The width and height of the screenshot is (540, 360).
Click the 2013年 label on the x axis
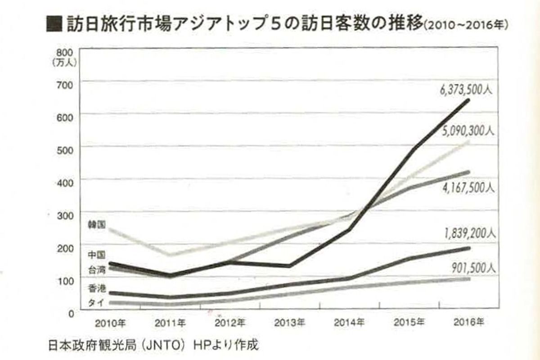click(290, 323)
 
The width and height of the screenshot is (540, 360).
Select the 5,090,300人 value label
click(467, 131)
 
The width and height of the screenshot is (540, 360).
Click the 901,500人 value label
click(472, 268)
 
